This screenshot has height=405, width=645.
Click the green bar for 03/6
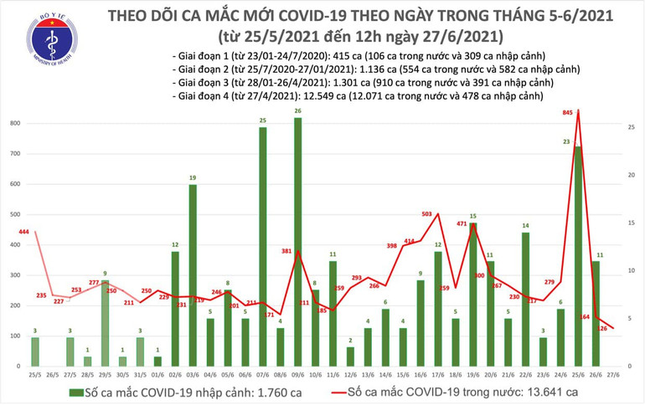click(193, 275)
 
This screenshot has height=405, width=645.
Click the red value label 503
click(426, 215)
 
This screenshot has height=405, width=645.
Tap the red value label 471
click(461, 224)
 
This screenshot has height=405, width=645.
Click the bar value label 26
click(298, 111)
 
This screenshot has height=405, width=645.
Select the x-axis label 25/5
click(34, 376)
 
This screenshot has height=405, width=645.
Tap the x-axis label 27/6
click(613, 376)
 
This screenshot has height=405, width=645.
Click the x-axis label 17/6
click(438, 376)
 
